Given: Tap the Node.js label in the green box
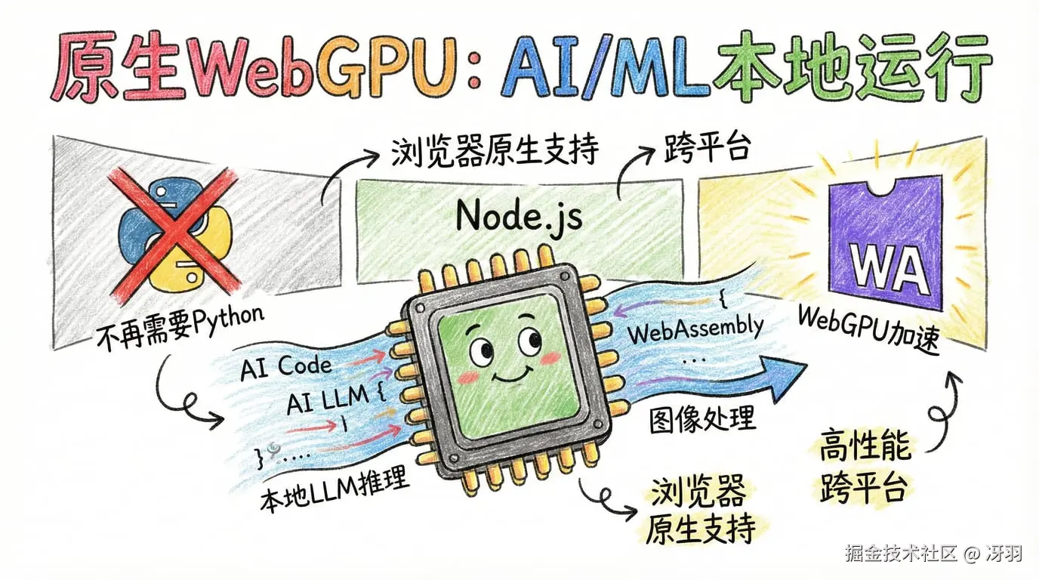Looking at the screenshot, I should [519, 217].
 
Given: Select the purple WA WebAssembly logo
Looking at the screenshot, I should [884, 245].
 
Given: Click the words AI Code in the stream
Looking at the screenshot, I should [285, 368].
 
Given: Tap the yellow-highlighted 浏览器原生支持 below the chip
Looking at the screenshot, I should [698, 510].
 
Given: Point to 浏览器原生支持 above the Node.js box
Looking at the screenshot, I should [495, 151].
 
